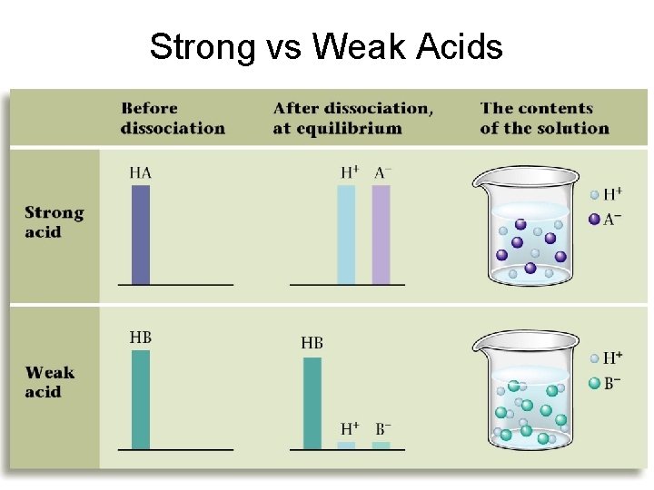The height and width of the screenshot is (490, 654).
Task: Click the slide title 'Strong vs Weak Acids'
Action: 326,45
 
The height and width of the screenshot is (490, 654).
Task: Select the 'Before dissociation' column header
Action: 173,118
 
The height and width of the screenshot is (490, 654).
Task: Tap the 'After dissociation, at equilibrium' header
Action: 352,118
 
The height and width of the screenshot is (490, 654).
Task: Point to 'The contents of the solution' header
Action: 544,118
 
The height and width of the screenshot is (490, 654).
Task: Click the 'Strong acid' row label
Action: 54,222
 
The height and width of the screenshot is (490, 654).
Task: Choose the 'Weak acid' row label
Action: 51,382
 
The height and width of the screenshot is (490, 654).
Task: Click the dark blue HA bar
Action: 141,234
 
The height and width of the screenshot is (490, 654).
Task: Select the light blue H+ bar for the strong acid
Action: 346,234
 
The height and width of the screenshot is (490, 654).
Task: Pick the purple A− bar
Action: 381,234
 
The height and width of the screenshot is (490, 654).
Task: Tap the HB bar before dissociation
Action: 141,399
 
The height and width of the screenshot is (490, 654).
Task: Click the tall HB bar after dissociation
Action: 312,403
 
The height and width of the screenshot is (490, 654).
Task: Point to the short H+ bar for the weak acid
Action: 346,446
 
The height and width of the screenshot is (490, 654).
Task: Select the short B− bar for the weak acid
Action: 381,446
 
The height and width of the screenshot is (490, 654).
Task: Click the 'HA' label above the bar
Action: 140,171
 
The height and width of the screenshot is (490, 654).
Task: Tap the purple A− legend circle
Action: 594,219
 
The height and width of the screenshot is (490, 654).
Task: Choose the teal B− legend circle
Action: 594,383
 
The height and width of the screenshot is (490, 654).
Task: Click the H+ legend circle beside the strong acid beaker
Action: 594,194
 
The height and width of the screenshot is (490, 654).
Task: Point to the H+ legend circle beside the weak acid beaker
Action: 594,359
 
